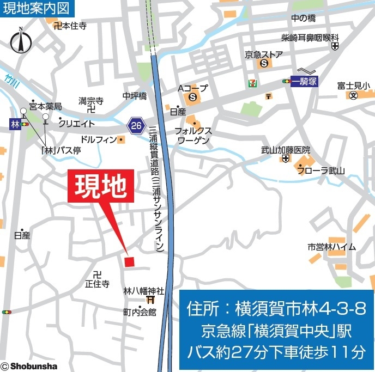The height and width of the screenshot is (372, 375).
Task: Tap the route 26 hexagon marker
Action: [137, 125]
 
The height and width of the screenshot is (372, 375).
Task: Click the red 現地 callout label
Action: [100, 187]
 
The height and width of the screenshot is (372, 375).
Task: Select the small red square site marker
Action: [129, 262]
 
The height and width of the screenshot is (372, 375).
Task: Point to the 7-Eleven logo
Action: [252, 82]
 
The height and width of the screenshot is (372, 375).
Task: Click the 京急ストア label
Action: [264, 54]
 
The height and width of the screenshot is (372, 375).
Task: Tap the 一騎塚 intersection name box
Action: [305, 81]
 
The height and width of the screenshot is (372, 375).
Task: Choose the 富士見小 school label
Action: [353, 86]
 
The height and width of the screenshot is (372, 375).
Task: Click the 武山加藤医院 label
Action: [285, 150]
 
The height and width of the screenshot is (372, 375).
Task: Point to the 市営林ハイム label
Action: [331, 247]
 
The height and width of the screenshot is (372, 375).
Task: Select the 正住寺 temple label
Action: [97, 284]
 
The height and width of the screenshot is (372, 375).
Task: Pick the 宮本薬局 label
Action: [45, 106]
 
